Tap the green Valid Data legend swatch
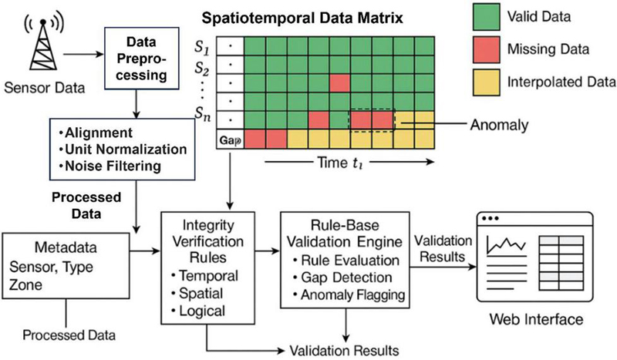tap(483, 19)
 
